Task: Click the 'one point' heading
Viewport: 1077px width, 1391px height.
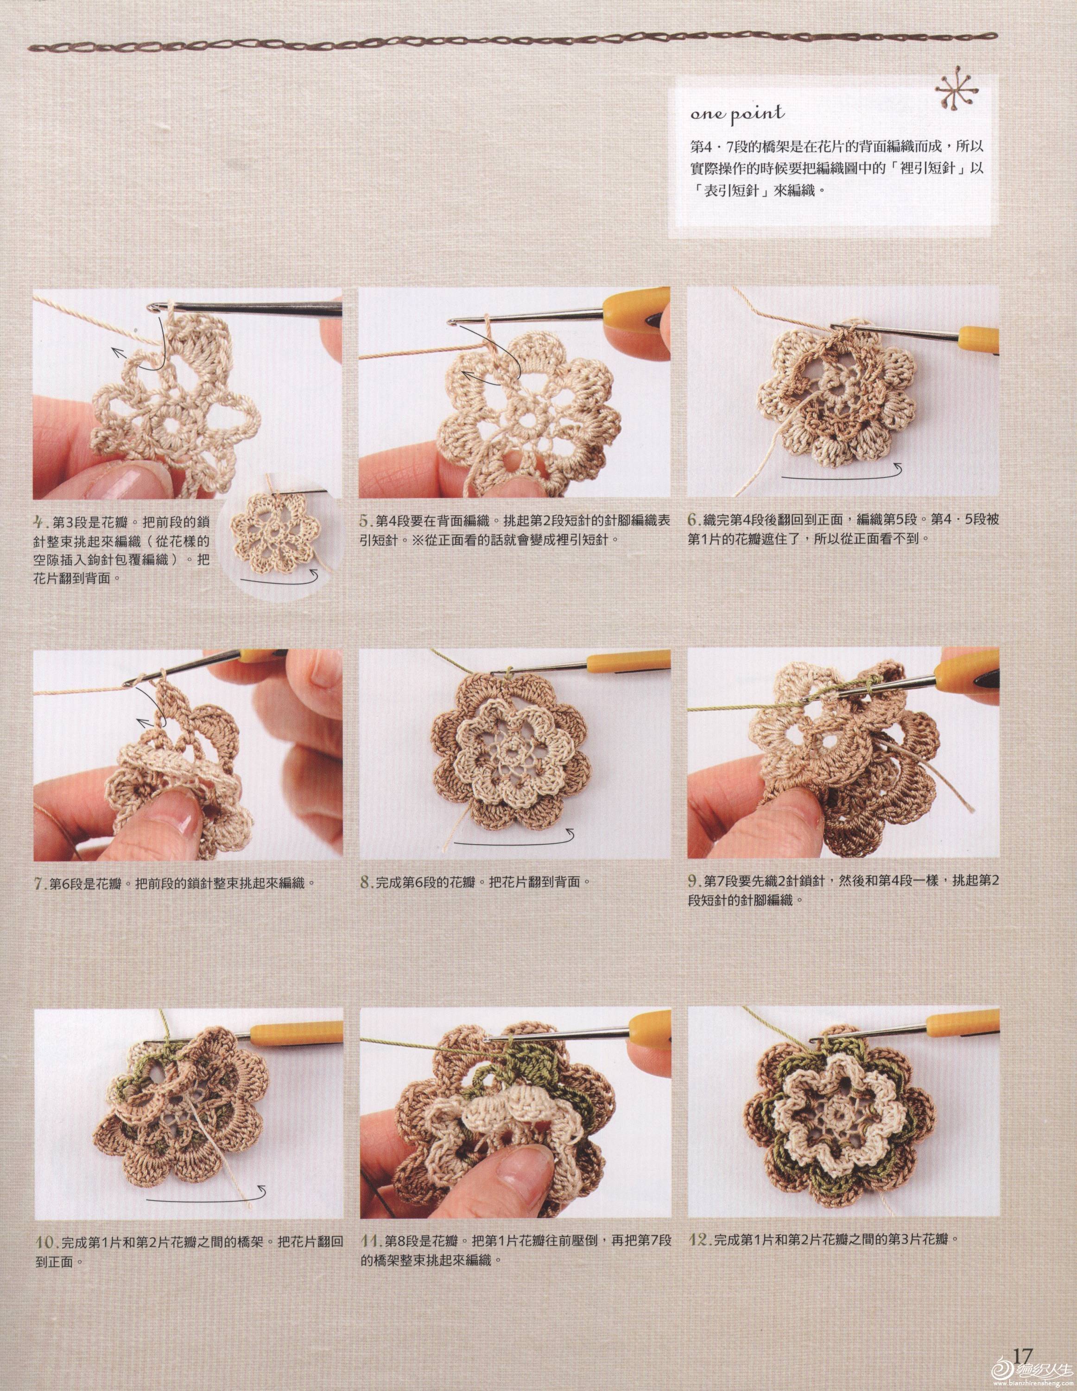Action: pyautogui.click(x=737, y=114)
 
